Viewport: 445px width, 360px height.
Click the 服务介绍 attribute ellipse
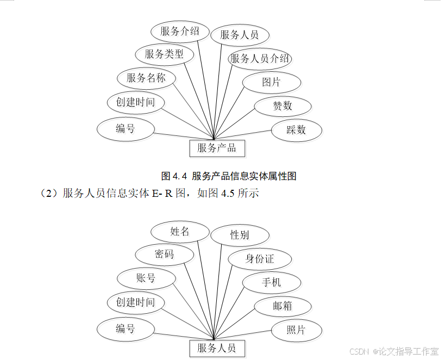179,32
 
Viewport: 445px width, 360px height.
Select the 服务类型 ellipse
164,54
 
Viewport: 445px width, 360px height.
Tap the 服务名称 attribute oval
146,78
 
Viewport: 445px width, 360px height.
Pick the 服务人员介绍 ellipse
260,59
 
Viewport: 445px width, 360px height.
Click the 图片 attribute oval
271,82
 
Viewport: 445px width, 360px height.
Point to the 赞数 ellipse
283,106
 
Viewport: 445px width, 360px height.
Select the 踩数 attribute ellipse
296,129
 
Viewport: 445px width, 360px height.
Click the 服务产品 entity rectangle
216,147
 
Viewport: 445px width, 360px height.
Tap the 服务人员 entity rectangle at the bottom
216,349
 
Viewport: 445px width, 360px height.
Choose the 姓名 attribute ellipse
179,232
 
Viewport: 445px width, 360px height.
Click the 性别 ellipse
239,235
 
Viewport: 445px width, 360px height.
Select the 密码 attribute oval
164,255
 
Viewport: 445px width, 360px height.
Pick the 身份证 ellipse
260,259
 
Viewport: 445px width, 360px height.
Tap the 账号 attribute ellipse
146,278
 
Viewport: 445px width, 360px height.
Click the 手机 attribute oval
271,283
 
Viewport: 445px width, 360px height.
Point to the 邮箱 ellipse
283,306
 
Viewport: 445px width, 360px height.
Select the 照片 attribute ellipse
296,330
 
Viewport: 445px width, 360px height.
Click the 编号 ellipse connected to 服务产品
125,129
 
